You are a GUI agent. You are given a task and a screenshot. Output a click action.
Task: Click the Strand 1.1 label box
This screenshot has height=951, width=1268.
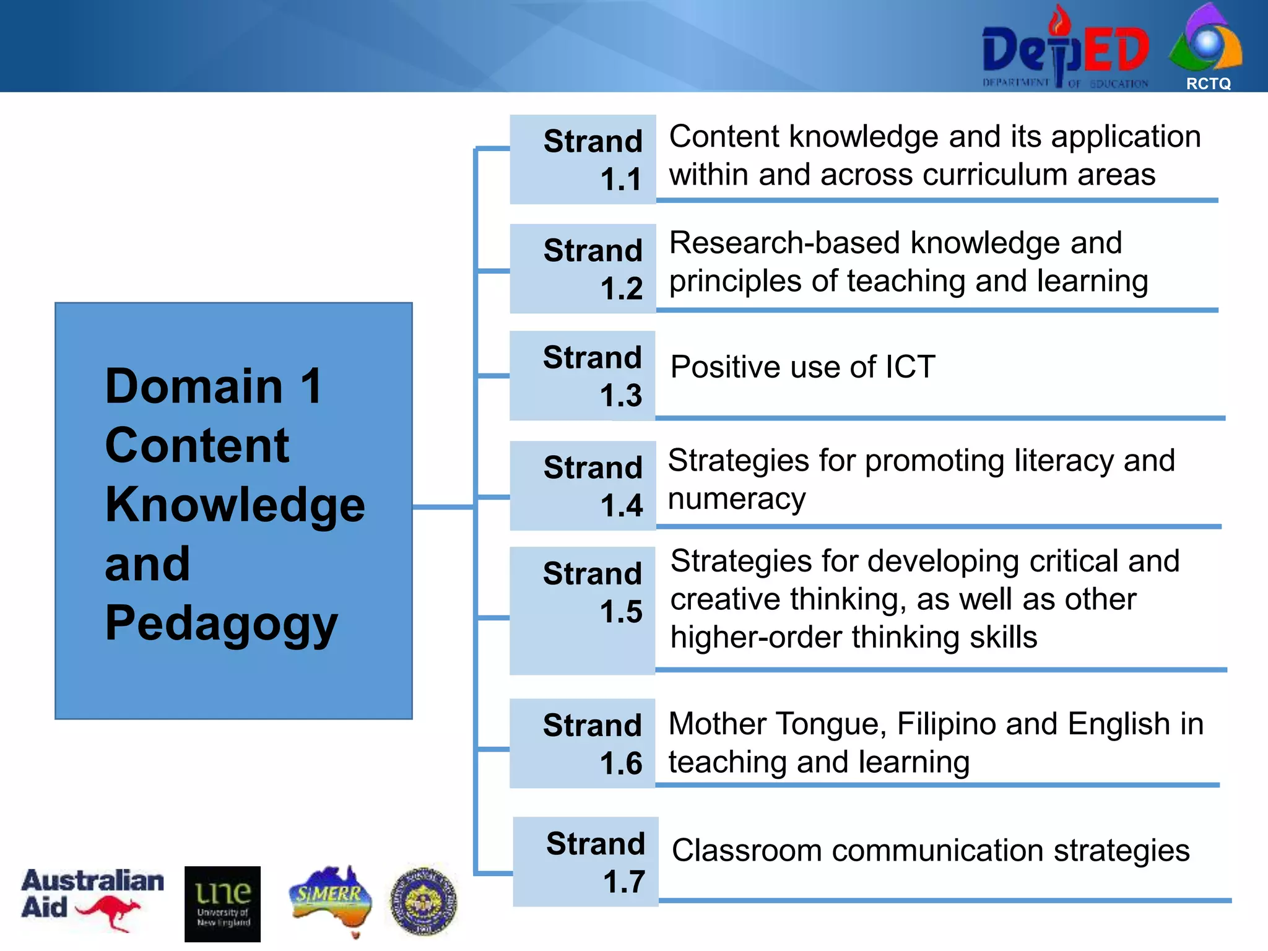(583, 159)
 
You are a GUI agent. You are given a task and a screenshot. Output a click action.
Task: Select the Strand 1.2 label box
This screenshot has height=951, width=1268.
(583, 268)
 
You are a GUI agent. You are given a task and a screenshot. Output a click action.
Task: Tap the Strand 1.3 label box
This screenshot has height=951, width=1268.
(583, 376)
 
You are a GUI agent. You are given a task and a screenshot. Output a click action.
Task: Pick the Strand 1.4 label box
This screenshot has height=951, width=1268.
(583, 485)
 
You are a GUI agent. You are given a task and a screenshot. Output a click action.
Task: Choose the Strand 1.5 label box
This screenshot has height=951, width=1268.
(583, 610)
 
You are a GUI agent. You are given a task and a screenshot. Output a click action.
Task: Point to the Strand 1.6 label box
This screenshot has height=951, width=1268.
(583, 743)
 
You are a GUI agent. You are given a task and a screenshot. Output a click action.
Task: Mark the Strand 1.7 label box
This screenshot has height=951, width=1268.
(586, 861)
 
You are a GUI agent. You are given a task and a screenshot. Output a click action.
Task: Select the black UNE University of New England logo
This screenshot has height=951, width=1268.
(222, 903)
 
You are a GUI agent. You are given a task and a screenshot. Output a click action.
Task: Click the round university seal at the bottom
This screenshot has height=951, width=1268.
(423, 901)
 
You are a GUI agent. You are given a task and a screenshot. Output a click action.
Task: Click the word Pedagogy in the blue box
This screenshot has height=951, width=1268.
(221, 623)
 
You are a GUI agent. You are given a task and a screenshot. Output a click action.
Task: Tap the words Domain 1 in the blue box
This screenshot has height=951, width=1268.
(214, 386)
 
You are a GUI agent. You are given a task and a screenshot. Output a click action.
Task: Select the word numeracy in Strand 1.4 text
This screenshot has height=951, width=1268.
(737, 499)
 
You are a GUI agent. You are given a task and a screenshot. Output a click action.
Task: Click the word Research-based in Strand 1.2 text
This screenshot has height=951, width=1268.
(784, 243)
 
